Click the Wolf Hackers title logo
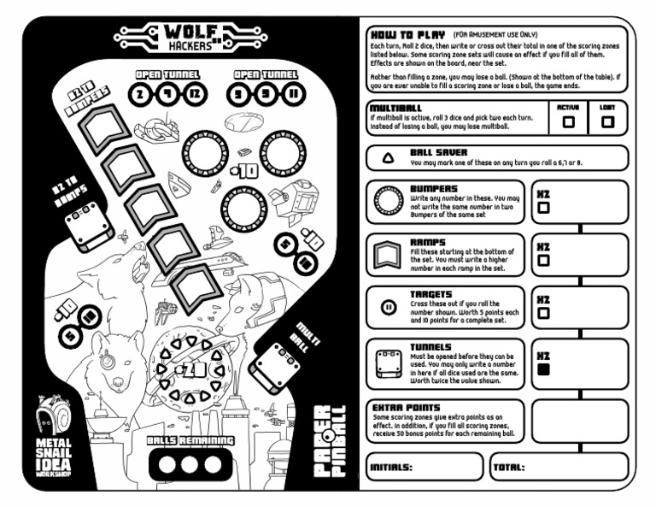tap(179, 38)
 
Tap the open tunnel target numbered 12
tap(195, 94)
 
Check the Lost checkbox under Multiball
tap(608, 122)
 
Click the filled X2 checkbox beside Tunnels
tap(543, 369)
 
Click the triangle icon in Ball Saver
tap(388, 160)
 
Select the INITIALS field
tap(424, 468)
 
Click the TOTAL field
tap(559, 468)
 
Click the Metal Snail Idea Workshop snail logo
tap(60, 422)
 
